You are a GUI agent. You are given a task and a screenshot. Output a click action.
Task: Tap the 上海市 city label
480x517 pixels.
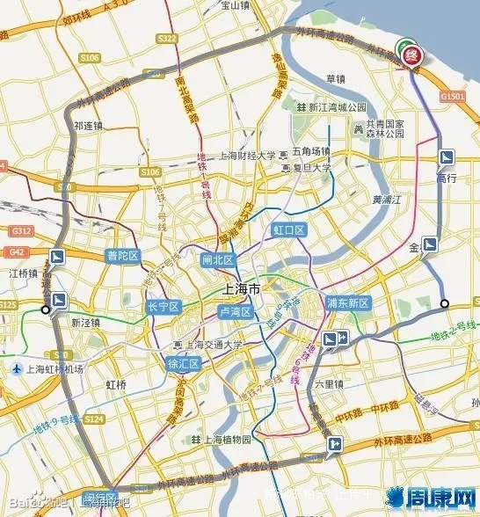click(242, 289)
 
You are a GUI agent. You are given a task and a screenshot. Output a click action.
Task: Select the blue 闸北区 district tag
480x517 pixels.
click(218, 260)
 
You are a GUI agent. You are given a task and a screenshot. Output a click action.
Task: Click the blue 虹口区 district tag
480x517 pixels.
click(287, 230)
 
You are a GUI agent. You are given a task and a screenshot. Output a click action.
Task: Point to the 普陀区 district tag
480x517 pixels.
click(123, 256)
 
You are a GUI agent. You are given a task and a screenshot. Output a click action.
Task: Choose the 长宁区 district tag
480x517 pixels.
click(163, 307)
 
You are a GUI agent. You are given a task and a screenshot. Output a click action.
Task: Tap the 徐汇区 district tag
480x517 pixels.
click(185, 364)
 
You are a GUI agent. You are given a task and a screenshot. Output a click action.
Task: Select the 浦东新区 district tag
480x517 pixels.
click(348, 302)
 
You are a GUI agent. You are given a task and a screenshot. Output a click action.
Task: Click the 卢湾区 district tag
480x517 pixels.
click(236, 312)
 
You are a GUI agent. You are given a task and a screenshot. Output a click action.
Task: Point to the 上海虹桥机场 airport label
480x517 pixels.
click(48, 368)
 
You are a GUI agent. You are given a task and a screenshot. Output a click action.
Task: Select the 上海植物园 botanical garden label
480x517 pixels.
click(226, 439)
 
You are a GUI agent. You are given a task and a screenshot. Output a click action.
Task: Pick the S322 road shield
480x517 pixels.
click(168, 40)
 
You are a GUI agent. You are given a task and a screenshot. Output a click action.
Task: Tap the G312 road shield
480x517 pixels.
click(18, 230)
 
